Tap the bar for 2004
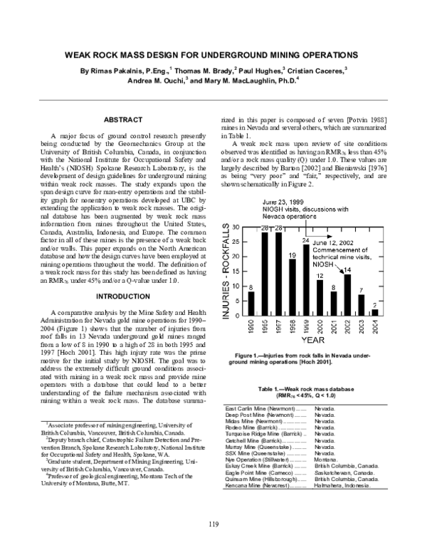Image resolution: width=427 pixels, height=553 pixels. [375, 312]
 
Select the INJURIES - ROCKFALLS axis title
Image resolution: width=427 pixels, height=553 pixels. [226, 270]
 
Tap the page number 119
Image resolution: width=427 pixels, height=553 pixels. [213, 525]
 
